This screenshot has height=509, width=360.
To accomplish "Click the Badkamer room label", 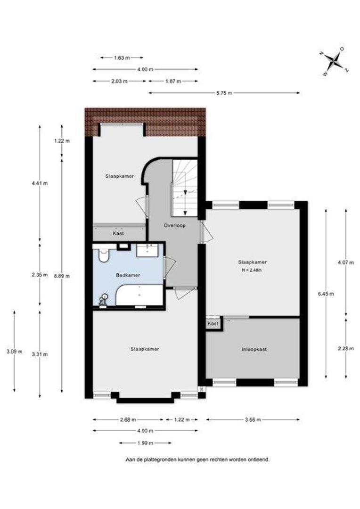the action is point(128,275).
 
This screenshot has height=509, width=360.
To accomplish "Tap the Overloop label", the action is point(175,225).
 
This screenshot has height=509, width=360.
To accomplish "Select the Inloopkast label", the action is point(254,349).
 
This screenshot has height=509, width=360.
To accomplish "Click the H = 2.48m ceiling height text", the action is point(252,270).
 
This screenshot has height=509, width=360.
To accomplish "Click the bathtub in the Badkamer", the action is point(139,296).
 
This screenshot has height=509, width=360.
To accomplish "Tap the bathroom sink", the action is point(147,250).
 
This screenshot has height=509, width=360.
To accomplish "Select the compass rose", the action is point(334,61).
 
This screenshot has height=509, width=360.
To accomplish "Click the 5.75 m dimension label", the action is point(224,93).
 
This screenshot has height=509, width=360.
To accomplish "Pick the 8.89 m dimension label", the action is point(62,276).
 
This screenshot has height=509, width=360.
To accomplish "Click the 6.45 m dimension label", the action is point(326,294).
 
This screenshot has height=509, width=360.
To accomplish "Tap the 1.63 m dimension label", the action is point(122,58).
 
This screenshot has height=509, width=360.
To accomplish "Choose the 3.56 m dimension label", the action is point(253,420).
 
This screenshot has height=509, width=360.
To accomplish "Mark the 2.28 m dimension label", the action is point(346,349).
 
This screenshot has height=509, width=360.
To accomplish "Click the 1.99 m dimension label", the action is point(145,443).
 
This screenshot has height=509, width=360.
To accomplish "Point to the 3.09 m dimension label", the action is point(14,352).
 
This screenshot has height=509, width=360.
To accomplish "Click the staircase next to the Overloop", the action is point(184,188).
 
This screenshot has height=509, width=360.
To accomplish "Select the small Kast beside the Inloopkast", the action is point(213,324).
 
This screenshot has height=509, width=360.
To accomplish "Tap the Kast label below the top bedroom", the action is point(118,233).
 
